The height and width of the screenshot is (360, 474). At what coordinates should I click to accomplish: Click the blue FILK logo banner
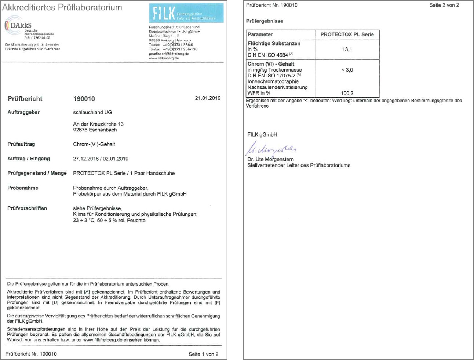(x=186, y=13)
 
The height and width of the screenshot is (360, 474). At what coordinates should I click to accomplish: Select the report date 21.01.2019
(x=208, y=98)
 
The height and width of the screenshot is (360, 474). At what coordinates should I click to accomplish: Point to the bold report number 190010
(x=84, y=99)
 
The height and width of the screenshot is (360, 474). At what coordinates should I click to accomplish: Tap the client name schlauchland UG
(x=92, y=112)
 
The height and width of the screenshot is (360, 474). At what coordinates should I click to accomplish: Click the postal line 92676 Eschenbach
(x=95, y=130)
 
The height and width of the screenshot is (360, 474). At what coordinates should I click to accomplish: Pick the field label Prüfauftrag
(x=21, y=144)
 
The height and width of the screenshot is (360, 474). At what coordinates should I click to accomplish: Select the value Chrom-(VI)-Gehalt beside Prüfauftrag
(x=94, y=144)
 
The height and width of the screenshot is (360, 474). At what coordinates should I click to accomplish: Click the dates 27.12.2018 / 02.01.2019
(x=101, y=159)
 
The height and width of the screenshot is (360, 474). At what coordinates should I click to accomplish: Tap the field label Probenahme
(x=23, y=188)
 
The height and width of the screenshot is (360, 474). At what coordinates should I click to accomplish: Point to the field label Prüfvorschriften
(x=27, y=208)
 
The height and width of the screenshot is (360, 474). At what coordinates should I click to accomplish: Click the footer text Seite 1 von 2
(x=203, y=354)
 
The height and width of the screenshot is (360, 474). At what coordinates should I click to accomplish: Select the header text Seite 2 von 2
(x=444, y=5)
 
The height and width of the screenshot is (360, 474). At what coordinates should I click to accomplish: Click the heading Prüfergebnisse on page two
(x=265, y=21)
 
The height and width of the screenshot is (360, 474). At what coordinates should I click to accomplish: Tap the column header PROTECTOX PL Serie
(x=347, y=34)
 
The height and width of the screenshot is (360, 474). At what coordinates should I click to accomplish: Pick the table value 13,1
(x=347, y=49)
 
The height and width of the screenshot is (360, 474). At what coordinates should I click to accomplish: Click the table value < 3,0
(x=347, y=70)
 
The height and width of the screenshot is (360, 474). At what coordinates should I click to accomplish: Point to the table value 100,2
(x=347, y=93)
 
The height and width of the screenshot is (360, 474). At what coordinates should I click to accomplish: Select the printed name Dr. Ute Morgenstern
(x=270, y=159)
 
